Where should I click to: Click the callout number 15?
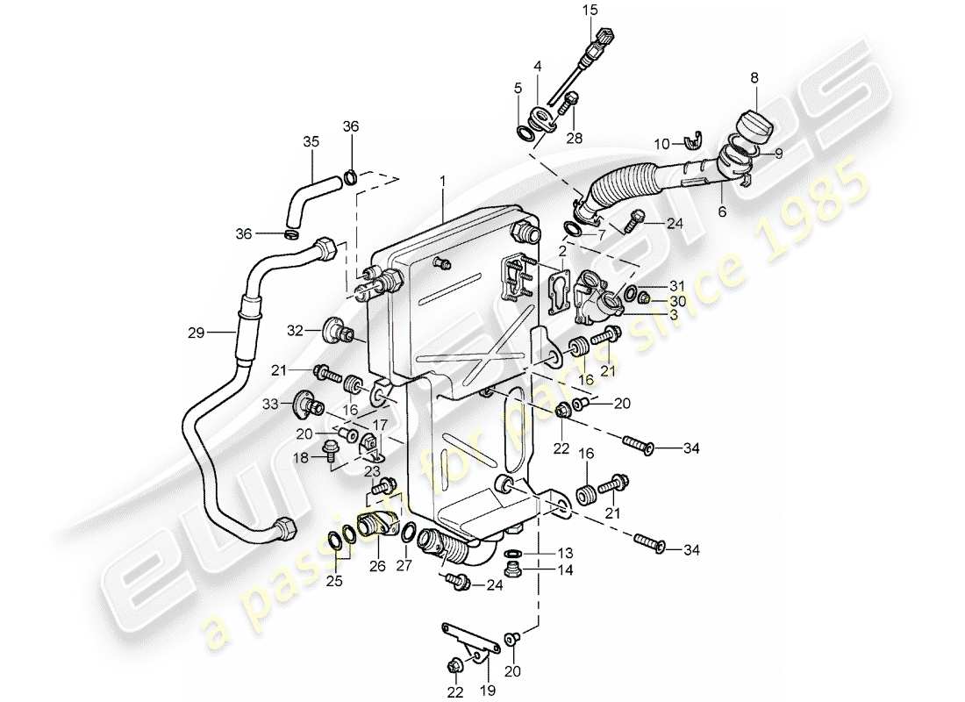[x=589, y=11]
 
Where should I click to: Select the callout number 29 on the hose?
[x=196, y=333]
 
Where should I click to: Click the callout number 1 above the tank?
[x=444, y=180]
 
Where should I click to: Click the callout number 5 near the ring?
[x=518, y=89]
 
